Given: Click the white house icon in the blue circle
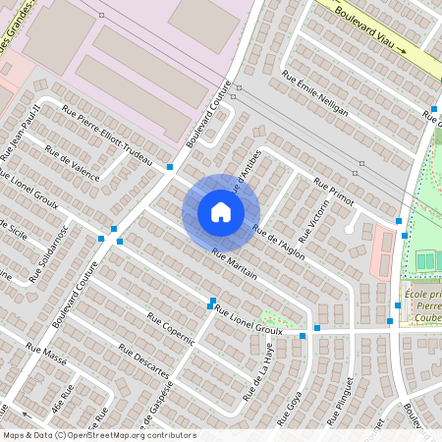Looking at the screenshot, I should [221, 211].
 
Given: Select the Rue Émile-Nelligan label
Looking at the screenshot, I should [314, 92].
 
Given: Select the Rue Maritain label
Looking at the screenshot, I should [234, 264].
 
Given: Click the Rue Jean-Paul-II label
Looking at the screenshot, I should [20, 129].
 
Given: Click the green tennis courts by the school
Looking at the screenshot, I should [425, 261].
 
